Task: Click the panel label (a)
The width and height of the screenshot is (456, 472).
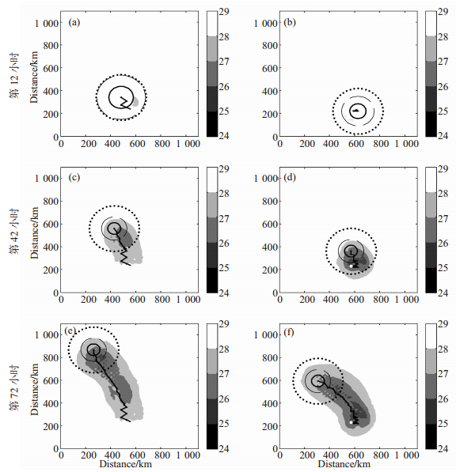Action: click(74, 23)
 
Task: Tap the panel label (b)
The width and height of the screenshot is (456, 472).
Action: click(290, 23)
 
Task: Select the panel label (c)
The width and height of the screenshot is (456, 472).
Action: click(74, 178)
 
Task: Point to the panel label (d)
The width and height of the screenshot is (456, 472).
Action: click(290, 178)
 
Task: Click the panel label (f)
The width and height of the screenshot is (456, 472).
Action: click(289, 333)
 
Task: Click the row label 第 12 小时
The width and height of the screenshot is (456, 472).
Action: click(14, 76)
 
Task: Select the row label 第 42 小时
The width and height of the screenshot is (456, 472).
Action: click(14, 232)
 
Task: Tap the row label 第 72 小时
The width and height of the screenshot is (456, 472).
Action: click(14, 387)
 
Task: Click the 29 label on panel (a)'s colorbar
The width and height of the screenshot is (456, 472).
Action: click(224, 11)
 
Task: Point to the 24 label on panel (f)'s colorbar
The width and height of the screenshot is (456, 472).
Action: click(443, 449)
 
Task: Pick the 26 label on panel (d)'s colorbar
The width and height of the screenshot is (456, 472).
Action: click(443, 244)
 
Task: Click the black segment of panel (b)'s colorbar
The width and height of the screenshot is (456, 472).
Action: click(431, 124)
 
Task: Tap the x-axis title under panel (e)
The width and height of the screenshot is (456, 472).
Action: click(126, 463)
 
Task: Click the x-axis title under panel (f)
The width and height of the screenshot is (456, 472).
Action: click(344, 463)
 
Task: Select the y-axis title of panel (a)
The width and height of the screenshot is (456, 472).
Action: click(34, 77)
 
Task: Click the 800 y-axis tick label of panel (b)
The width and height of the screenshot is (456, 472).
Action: click(270, 46)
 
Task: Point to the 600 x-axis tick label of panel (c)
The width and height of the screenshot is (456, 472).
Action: click(138, 299)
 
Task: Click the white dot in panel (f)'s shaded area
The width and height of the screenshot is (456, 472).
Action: click(351, 422)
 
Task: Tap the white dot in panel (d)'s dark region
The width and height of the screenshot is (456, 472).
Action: click(351, 266)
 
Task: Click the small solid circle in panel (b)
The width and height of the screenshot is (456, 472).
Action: click(358, 111)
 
